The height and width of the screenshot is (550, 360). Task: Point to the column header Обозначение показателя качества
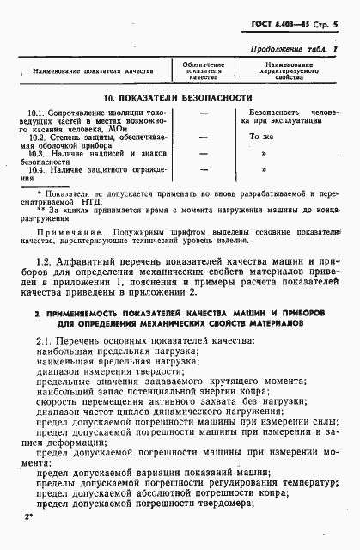point(204,70)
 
